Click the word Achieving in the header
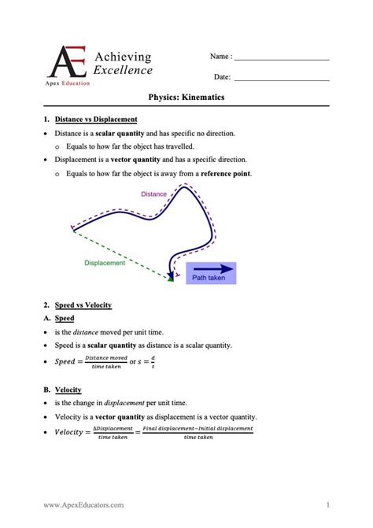[x=123, y=57]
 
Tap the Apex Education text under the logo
[x=68, y=83]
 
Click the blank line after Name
[x=281, y=58]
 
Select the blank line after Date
[x=281, y=78]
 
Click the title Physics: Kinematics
[x=186, y=97]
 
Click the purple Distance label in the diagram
[x=154, y=194]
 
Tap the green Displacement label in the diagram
[x=105, y=264]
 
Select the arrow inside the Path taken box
[x=209, y=268]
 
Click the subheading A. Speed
[x=59, y=318]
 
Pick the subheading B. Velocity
[x=63, y=390]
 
